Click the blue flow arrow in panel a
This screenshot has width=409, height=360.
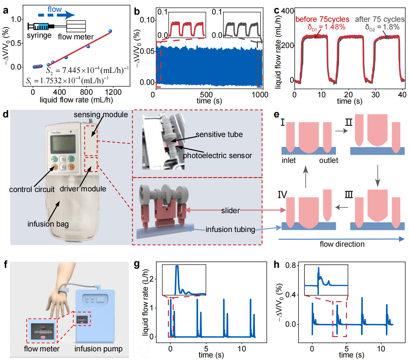click(x=56, y=15)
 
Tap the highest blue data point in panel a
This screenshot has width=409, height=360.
click(x=110, y=31)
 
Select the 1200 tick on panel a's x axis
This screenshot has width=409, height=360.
click(x=113, y=92)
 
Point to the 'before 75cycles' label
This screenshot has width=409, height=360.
click(x=322, y=19)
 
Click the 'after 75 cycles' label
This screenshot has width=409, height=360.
click(x=380, y=19)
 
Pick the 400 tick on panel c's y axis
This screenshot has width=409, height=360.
click(x=287, y=11)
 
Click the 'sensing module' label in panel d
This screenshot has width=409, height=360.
click(x=101, y=115)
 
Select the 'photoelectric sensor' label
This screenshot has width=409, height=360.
click(x=217, y=156)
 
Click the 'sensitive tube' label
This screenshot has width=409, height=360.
click(x=219, y=134)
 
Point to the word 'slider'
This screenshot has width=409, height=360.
click(x=230, y=211)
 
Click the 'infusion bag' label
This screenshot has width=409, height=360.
click(x=48, y=224)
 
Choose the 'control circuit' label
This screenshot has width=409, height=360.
click(x=32, y=189)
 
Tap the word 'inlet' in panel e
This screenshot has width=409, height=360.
click(x=288, y=160)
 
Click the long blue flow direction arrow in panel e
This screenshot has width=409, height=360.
click(x=341, y=239)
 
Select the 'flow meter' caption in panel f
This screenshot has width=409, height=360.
click(x=42, y=349)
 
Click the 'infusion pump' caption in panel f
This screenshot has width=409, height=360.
click(x=98, y=349)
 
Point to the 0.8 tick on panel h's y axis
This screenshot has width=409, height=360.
click(x=290, y=265)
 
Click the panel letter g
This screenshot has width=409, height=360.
click(x=137, y=264)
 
